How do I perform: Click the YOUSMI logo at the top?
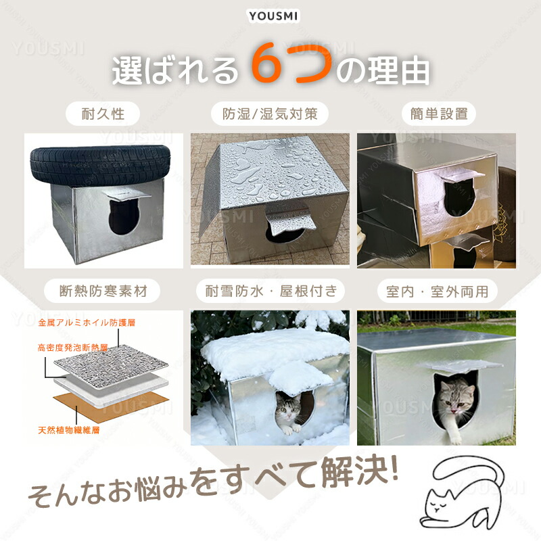tap(274, 16)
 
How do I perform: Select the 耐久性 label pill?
tap(103, 114)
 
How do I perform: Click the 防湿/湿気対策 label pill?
tap(269, 114)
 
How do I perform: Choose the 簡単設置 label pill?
tap(439, 114)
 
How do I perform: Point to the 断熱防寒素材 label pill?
tap(103, 291)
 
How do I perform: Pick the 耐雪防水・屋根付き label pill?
tap(270, 291)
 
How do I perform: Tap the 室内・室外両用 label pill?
tap(437, 291)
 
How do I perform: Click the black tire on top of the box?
tap(100, 165)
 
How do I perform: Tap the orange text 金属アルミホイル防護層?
tap(87, 323)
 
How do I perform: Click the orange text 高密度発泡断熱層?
tap(73, 348)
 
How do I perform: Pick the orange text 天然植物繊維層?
tap(69, 430)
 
